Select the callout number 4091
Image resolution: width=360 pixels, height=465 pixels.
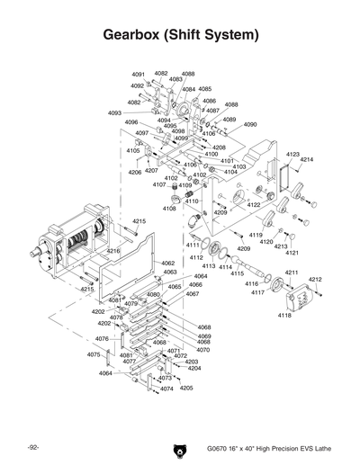click(x=138, y=74)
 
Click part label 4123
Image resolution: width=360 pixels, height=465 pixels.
click(x=292, y=155)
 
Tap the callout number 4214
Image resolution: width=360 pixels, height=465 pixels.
click(x=307, y=159)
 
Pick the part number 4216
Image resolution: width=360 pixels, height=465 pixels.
click(x=113, y=251)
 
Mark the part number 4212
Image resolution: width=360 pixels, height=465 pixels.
click(x=315, y=280)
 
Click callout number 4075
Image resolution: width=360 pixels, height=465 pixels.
click(x=93, y=354)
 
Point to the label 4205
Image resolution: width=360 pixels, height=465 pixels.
click(x=186, y=388)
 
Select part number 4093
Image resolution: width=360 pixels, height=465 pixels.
click(x=114, y=113)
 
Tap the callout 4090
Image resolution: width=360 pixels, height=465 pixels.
click(x=250, y=124)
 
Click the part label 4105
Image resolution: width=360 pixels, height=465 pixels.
click(x=133, y=150)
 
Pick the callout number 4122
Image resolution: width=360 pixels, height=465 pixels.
click(x=254, y=205)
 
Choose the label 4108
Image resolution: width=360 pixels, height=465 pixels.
click(x=168, y=209)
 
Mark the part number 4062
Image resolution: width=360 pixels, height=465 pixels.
click(x=168, y=264)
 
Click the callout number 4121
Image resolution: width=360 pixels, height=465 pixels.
click(x=292, y=253)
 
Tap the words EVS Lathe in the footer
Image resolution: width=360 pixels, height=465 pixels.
click(x=313, y=449)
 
